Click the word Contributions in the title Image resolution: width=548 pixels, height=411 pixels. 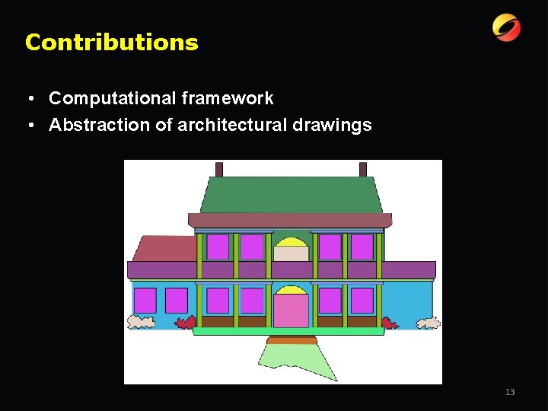[111, 43]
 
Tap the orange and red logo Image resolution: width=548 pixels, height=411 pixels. [506, 28]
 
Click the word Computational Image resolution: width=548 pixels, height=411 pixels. [112, 98]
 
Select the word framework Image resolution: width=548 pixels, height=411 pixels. [228, 98]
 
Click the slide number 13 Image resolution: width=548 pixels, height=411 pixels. [510, 392]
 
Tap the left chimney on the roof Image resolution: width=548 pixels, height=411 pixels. [219, 169]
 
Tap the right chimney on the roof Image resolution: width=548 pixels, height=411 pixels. [363, 169]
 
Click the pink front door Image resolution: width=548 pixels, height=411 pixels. [291, 311]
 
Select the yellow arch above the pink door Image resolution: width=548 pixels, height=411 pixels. [291, 291]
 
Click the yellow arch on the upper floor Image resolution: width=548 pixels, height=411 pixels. [291, 243]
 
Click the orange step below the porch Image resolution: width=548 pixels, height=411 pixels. [292, 340]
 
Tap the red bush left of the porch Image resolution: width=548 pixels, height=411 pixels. [185, 323]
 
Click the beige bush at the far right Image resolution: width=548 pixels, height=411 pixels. [429, 323]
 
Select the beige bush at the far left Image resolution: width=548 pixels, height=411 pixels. [141, 323]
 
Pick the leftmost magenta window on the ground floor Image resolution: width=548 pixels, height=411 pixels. [145, 300]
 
